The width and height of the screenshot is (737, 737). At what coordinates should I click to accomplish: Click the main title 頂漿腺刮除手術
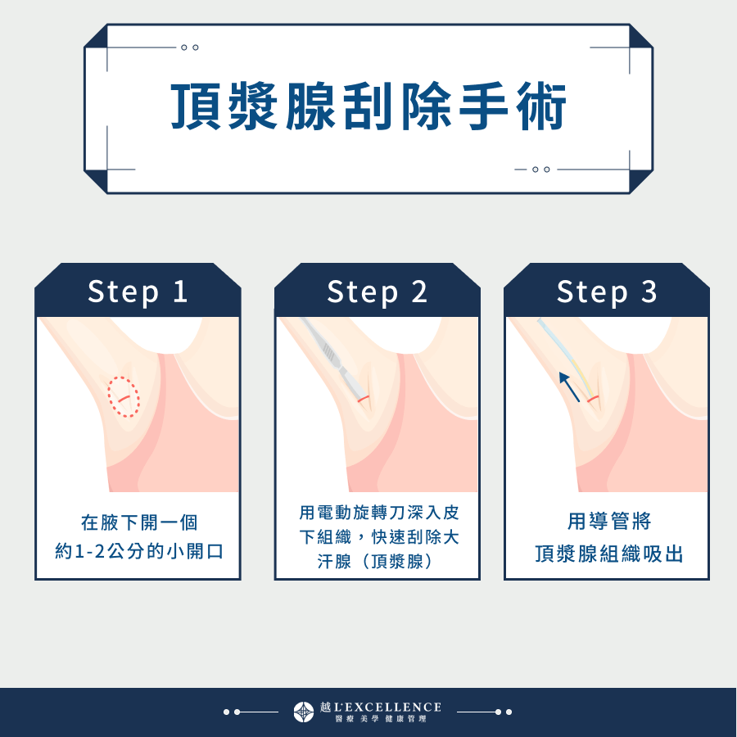tap(368, 107)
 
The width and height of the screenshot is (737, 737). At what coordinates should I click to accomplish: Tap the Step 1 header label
tap(138, 292)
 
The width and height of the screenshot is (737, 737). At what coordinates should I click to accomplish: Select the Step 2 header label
tap(377, 292)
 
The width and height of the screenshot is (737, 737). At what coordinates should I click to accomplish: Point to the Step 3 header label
tap(607, 292)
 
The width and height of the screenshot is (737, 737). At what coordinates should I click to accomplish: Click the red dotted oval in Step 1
tap(124, 396)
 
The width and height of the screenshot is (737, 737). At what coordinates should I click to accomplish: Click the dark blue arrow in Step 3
tap(570, 387)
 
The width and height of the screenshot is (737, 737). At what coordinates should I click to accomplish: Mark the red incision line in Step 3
tap(593, 398)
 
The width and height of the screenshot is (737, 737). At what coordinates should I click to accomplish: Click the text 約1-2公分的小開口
tap(138, 551)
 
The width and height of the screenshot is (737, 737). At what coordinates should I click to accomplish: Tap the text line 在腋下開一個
tap(138, 522)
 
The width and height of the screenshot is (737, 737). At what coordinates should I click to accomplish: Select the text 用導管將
tap(608, 522)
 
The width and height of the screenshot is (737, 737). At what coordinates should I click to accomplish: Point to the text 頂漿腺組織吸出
tap(608, 554)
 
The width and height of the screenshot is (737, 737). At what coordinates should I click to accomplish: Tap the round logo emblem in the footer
tap(304, 712)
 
